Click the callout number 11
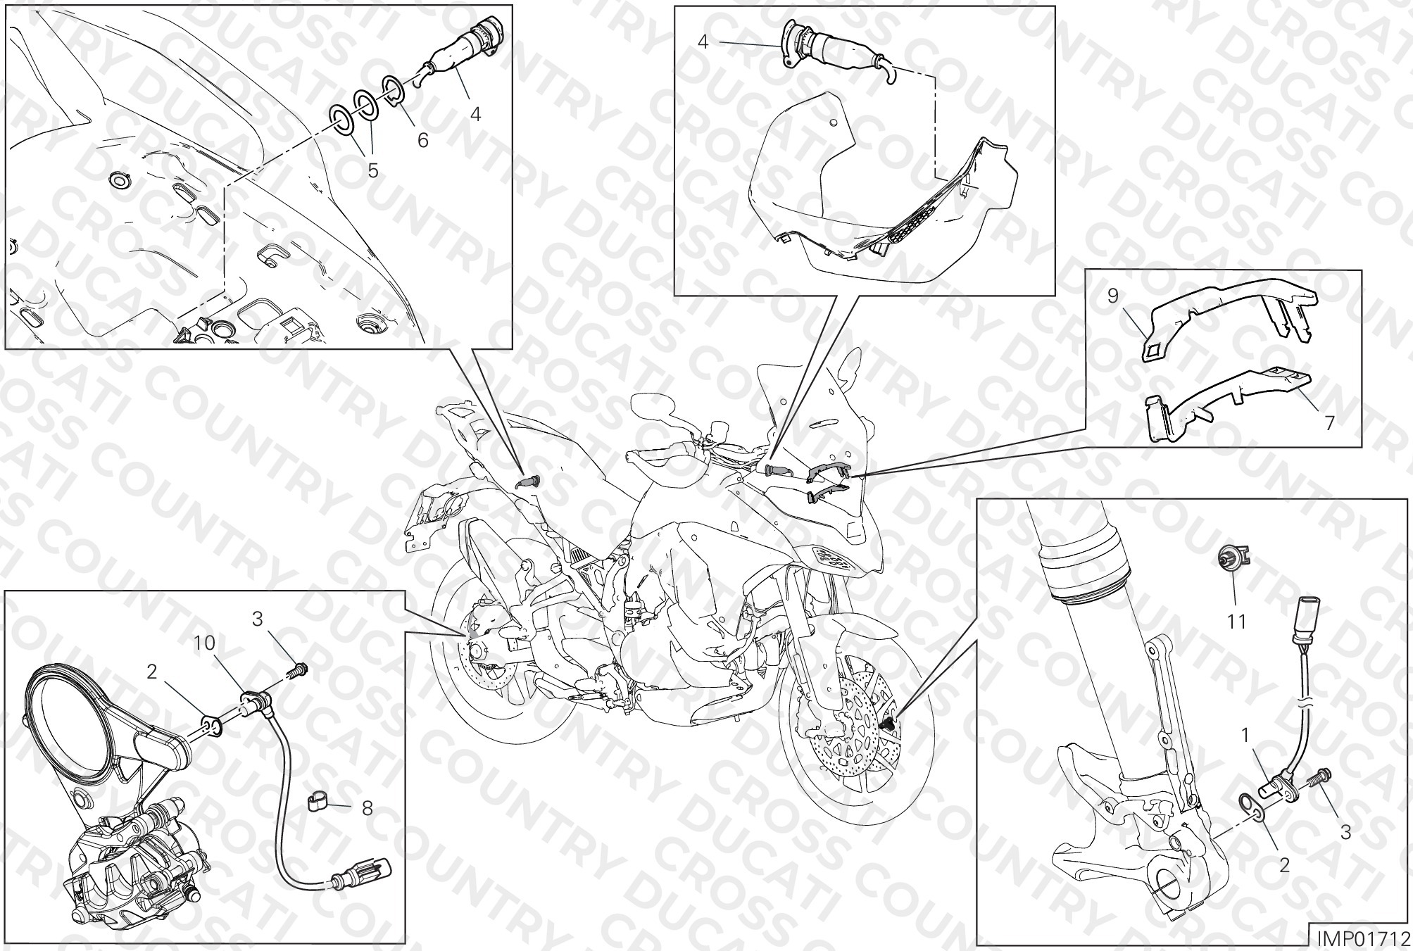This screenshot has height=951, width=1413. tap(1236, 622)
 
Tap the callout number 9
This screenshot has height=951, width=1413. tap(1112, 296)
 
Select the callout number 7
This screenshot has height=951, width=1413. tap(1329, 423)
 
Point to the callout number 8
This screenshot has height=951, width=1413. tap(367, 809)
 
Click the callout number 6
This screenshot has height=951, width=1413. tap(422, 140)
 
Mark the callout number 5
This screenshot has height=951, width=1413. tap(372, 170)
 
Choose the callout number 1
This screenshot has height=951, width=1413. tap(1245, 736)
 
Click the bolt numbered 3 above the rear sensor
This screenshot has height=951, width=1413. tap(299, 669)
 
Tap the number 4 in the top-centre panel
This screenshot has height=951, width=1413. tap(703, 42)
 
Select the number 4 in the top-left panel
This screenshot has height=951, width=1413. tap(475, 113)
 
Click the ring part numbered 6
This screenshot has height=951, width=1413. tap(394, 90)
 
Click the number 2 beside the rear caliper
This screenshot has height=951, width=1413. tap(152, 672)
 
